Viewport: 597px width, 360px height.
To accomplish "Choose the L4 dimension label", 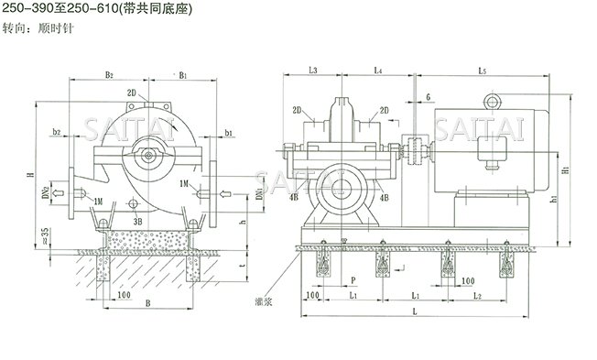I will coord(378,71).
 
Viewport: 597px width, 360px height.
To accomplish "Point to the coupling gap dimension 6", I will coord(427,96).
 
